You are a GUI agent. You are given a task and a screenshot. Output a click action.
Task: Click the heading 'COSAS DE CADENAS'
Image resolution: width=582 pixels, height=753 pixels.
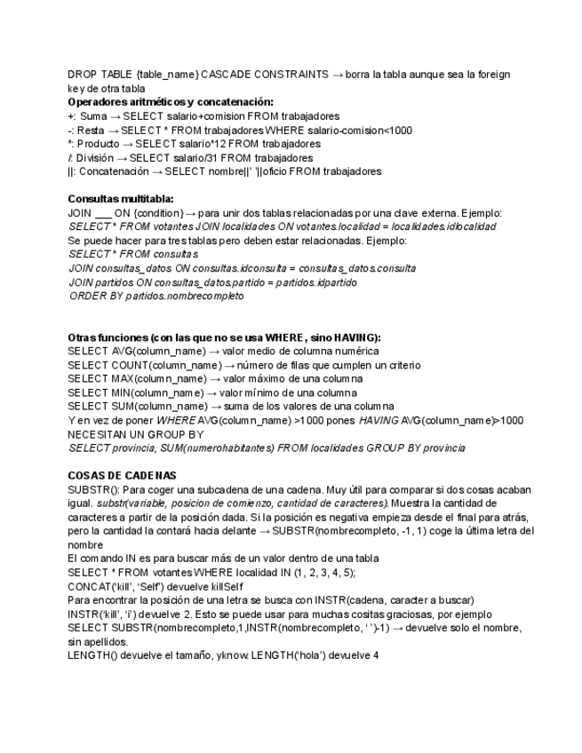pyautogui.click(x=123, y=476)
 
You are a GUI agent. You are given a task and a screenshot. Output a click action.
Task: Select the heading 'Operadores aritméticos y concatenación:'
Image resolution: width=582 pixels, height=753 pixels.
pyautogui.click(x=171, y=102)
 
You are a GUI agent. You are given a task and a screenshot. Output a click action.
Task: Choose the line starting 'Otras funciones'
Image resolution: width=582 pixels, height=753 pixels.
pyautogui.click(x=224, y=337)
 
